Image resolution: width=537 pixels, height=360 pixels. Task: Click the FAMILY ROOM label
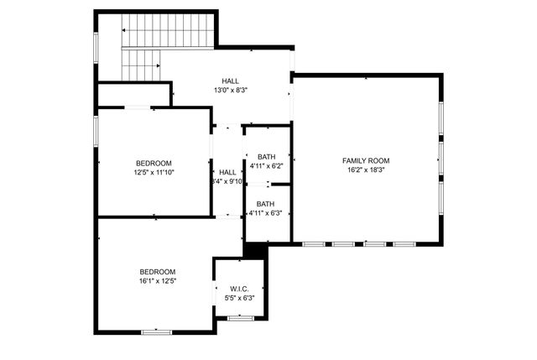(366, 160)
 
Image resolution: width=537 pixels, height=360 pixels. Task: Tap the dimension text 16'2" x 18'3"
(366, 170)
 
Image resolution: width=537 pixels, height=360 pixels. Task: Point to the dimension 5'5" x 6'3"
(239, 298)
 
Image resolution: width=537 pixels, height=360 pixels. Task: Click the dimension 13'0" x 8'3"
(231, 90)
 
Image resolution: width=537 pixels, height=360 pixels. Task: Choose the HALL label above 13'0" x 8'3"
(231, 81)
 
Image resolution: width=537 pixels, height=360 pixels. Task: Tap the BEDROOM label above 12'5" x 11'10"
(154, 163)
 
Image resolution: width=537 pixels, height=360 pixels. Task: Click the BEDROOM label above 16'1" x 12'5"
(157, 271)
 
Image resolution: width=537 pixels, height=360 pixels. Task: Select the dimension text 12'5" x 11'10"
(154, 172)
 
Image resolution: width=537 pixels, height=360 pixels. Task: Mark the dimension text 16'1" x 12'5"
(157, 281)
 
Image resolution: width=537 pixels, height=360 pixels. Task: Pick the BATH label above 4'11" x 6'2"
(266, 157)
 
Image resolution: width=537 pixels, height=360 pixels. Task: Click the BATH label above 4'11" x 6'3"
(265, 204)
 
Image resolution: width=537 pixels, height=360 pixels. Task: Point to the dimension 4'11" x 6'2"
(266, 167)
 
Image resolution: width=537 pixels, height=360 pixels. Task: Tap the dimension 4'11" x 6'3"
(265, 213)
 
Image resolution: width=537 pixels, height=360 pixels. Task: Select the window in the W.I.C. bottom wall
(241, 317)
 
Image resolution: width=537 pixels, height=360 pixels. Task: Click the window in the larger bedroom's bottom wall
(156, 332)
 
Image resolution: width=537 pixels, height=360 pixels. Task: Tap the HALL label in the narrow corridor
(227, 171)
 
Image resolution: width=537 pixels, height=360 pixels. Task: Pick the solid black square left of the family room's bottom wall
(254, 249)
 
